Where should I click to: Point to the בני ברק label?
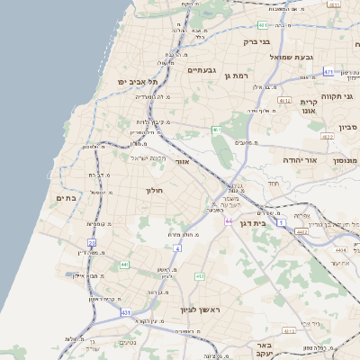pyautogui.click(x=256, y=41)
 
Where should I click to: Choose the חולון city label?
pyautogui.click(x=152, y=190)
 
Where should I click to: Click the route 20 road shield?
pyautogui.click(x=92, y=242)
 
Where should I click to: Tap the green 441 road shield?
pyautogui.click(x=124, y=264)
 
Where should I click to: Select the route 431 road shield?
pyautogui.click(x=125, y=312)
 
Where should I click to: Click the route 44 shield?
pyautogui.click(x=229, y=221)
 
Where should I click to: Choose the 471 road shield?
pyautogui.click(x=329, y=72)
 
